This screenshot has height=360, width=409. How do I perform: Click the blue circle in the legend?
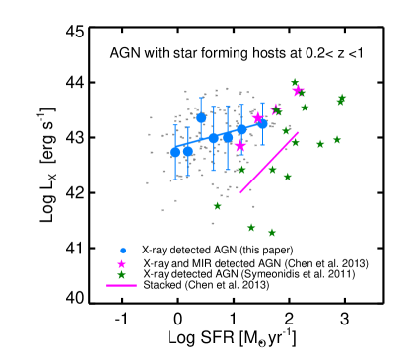click(123, 251)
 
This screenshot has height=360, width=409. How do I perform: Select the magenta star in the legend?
click(122, 263)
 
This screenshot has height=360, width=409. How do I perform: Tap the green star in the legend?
click(122, 275)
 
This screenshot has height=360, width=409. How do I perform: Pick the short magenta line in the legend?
click(121, 285)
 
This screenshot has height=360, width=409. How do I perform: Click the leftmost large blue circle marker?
click(175, 152)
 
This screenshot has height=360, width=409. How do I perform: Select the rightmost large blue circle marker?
click(262, 123)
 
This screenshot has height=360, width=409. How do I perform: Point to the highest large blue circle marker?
click(201, 118)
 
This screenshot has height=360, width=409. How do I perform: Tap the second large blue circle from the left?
click(187, 151)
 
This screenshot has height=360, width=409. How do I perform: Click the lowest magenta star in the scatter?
click(239, 146)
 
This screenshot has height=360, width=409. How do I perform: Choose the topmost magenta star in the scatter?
click(298, 91)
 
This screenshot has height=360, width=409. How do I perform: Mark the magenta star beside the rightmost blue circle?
click(258, 118)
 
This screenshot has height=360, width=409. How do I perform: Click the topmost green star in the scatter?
click(295, 83)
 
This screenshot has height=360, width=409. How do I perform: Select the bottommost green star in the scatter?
click(272, 233)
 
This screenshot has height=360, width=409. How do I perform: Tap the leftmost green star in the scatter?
click(218, 206)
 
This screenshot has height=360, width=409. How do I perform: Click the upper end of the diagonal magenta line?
click(298, 133)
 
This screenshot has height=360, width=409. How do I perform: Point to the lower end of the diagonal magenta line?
click(240, 192)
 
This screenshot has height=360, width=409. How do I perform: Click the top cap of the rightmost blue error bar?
click(262, 103)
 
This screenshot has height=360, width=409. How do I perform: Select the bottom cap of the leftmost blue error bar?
click(175, 180)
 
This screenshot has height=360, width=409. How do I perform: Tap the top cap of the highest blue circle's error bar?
click(201, 97)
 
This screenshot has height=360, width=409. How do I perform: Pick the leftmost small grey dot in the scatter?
click(148, 182)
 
